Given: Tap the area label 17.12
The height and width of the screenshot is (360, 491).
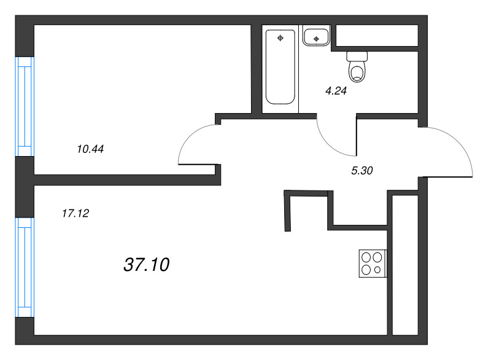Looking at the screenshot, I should (x=76, y=214).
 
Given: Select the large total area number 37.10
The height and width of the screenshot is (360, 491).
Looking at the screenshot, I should (x=147, y=265).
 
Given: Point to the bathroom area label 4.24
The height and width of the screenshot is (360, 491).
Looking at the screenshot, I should (x=336, y=90).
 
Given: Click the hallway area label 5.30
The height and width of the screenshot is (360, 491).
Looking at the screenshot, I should (x=362, y=171).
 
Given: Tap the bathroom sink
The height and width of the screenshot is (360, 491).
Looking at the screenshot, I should (x=316, y=36).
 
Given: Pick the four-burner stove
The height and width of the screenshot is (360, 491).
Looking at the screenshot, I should (x=373, y=263).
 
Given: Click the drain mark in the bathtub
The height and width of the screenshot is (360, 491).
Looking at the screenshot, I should (x=280, y=39).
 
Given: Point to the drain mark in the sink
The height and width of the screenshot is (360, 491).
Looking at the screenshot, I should (x=316, y=39).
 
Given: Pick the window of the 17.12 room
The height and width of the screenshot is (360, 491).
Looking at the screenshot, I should (x=25, y=267).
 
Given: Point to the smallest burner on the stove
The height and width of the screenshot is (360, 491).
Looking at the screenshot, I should (x=378, y=269).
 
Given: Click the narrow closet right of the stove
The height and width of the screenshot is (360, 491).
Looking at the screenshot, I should (x=404, y=264).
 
